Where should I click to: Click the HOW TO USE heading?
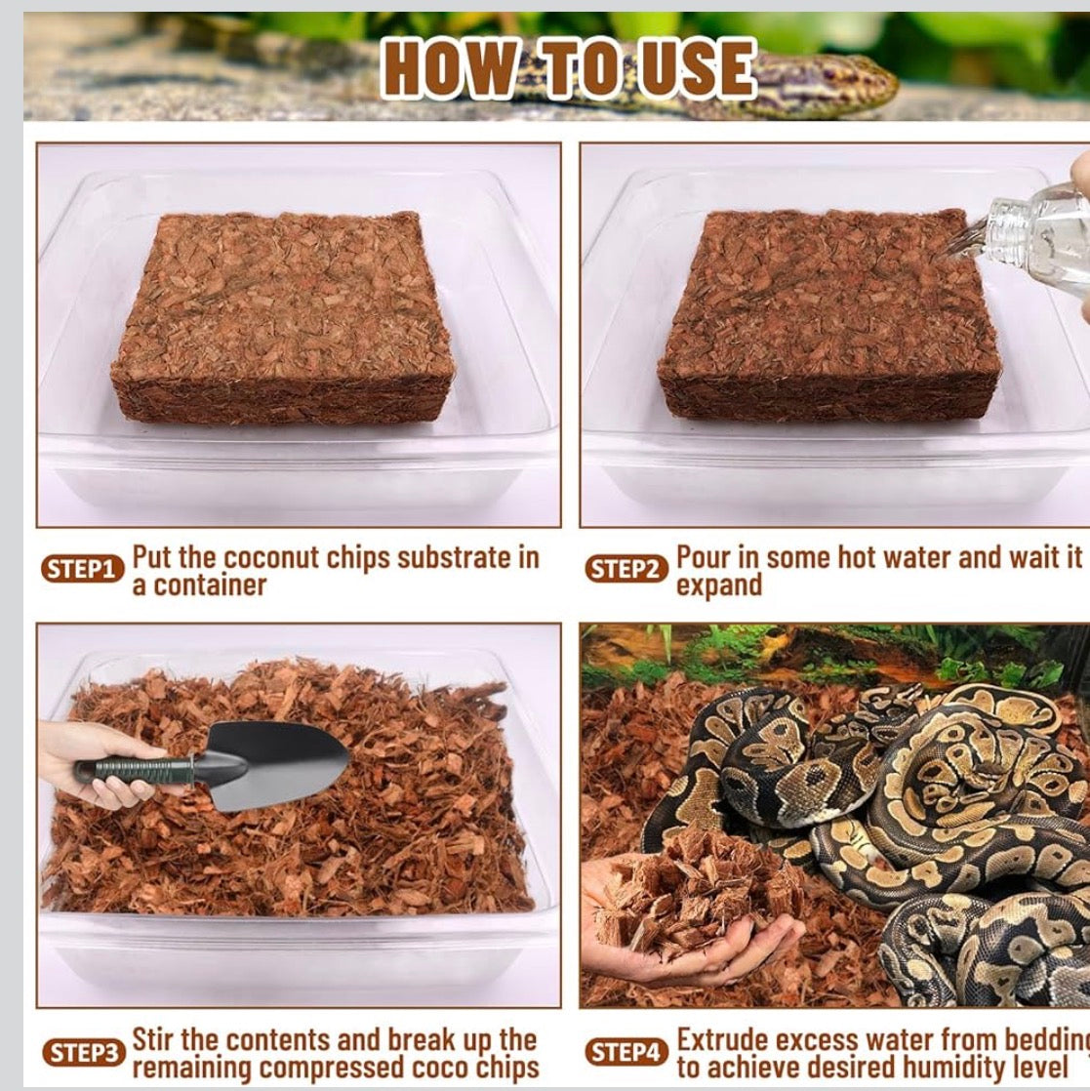[569, 68]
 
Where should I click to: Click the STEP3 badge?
[83, 1053]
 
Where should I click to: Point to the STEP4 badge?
[626, 1053]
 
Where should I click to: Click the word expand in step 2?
[719, 586]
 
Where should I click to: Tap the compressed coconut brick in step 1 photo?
[283, 317]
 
